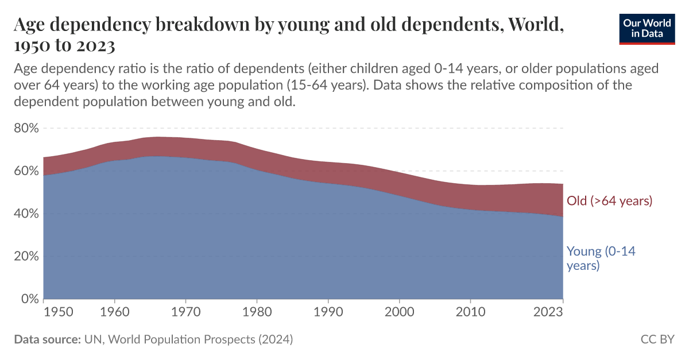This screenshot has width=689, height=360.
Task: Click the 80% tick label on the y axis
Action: pyautogui.click(x=25, y=128)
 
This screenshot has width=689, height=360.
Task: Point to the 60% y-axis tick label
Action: pyautogui.click(x=25, y=171)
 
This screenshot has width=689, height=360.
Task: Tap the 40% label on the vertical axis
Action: pyautogui.click(x=25, y=214)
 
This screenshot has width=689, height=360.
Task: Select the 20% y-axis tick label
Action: pyautogui.click(x=25, y=256)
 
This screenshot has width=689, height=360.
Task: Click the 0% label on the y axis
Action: pyautogui.click(x=29, y=299)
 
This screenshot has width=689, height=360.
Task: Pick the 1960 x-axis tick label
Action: pyautogui.click(x=114, y=312)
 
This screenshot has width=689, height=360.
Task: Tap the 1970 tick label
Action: pyautogui.click(x=185, y=312)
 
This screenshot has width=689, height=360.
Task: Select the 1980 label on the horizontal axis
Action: pyautogui.click(x=257, y=312)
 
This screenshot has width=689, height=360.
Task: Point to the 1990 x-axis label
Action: pyautogui.click(x=328, y=312)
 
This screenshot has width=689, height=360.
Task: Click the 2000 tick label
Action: pyautogui.click(x=399, y=312)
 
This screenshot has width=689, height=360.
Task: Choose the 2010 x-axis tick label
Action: pyautogui.click(x=470, y=312)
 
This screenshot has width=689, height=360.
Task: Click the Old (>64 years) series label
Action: pyautogui.click(x=609, y=201)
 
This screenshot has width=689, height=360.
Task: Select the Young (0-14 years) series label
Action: pyautogui.click(x=601, y=258)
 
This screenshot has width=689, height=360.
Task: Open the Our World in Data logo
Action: pyautogui.click(x=647, y=28)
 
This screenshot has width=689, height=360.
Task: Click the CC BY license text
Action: pyautogui.click(x=657, y=339)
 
